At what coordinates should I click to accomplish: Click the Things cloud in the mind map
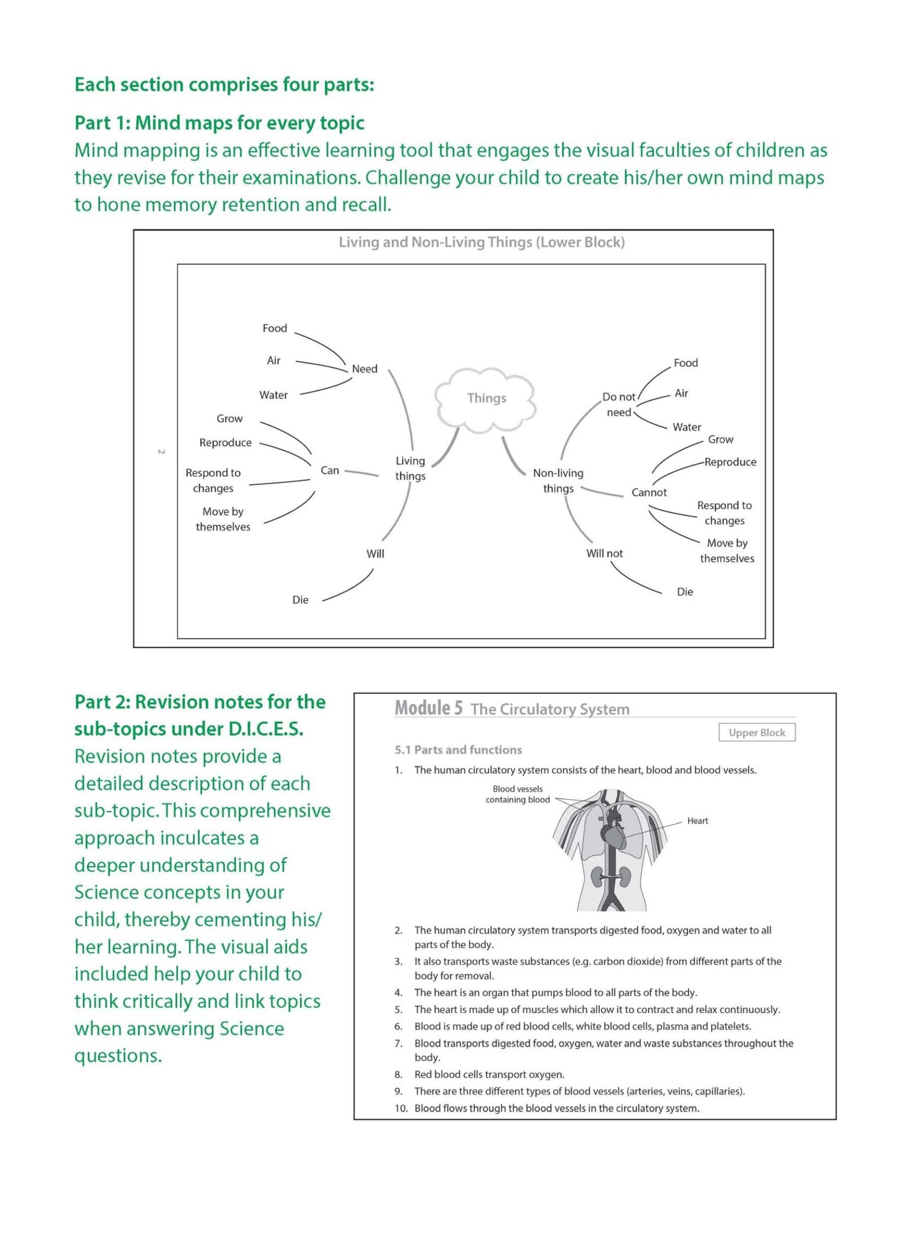[486, 398]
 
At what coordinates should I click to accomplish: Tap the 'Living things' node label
[410, 468]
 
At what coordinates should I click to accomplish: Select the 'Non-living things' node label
[558, 481]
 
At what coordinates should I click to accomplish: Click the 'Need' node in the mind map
[365, 369]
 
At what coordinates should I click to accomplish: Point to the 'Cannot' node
[649, 492]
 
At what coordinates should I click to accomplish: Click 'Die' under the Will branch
[300, 600]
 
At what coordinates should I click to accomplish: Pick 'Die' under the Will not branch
[684, 592]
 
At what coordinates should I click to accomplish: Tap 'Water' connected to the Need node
[273, 395]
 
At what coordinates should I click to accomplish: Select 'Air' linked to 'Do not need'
[681, 393]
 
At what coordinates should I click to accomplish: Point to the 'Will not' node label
[604, 553]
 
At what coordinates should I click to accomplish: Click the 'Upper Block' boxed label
[756, 732]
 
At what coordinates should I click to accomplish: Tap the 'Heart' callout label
[697, 821]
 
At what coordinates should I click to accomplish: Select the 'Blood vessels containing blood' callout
[517, 794]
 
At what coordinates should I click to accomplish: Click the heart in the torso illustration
[614, 836]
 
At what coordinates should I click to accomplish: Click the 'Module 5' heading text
[428, 708]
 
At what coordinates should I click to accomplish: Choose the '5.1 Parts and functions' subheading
[458, 749]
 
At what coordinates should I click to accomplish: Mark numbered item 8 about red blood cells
[489, 1074]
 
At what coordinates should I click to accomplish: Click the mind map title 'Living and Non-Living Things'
[481, 242]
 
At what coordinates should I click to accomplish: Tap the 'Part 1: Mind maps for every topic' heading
[219, 122]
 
